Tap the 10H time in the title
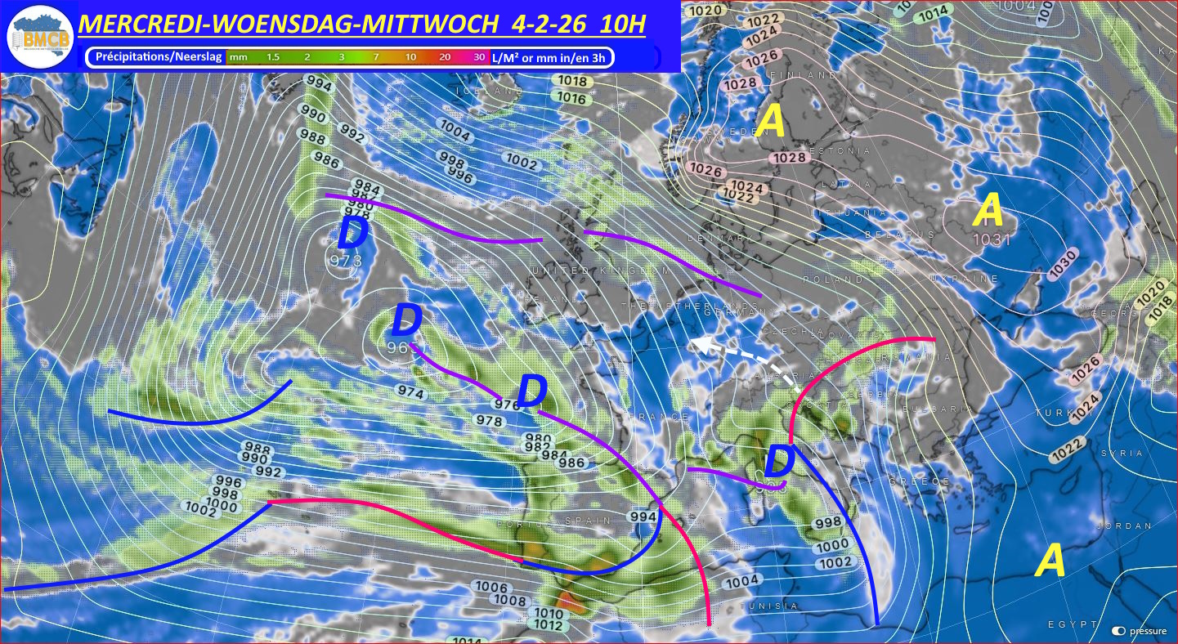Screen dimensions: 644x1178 pyautogui.click(x=621, y=25)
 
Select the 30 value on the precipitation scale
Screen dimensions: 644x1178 pyautogui.click(x=478, y=57)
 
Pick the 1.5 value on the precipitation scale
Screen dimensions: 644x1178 pyautogui.click(x=273, y=57)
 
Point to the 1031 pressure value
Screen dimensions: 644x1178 pyautogui.click(x=992, y=239)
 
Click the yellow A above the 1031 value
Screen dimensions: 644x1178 pyautogui.click(x=989, y=211)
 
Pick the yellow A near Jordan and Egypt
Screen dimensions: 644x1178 pyautogui.click(x=1050, y=562)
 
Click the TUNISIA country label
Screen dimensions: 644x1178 pyautogui.click(x=768, y=606)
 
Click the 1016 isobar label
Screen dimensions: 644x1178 pyautogui.click(x=572, y=99)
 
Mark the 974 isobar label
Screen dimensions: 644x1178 pyautogui.click(x=411, y=393)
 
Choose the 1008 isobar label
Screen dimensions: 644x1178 pyautogui.click(x=512, y=601)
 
